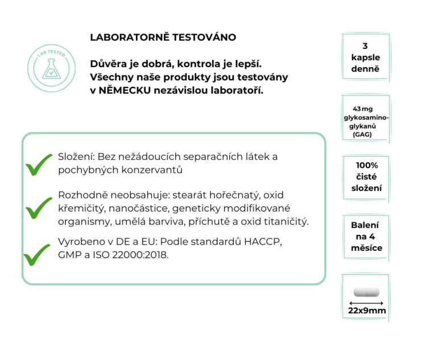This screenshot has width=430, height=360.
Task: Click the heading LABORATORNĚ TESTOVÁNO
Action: (163, 38)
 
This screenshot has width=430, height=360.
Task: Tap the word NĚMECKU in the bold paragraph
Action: (122, 90)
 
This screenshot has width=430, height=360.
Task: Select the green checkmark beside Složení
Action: (39, 165)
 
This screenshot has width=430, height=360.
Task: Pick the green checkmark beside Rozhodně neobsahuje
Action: (39, 208)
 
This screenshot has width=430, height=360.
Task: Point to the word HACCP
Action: (263, 242)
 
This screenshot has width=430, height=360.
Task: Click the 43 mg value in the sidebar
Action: (365, 109)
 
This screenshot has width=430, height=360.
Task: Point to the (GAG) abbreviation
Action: (365, 135)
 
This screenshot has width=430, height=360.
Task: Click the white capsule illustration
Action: (366, 292)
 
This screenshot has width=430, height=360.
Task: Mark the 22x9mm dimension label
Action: (366, 311)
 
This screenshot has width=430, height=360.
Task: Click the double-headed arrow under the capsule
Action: (366, 303)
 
